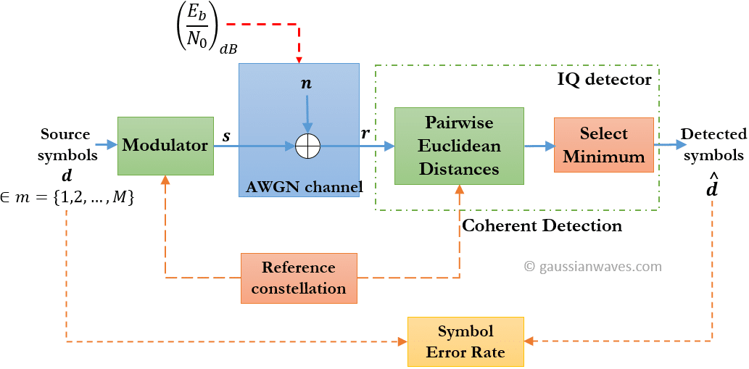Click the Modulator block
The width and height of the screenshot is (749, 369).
(165, 146)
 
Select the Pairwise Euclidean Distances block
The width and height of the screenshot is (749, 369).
(459, 146)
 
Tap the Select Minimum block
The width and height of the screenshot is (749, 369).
(603, 145)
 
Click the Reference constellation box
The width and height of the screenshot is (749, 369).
(299, 278)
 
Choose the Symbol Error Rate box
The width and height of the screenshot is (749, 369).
(465, 341)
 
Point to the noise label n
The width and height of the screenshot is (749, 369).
(306, 83)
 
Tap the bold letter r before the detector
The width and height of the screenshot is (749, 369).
(365, 134)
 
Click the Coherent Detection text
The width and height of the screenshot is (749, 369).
(542, 225)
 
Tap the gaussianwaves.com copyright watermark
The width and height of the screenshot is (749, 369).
(593, 266)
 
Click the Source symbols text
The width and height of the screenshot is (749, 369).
(65, 144)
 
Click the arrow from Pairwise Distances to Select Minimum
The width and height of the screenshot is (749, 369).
(538, 146)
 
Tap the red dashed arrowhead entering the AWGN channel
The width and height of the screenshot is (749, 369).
(299, 58)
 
